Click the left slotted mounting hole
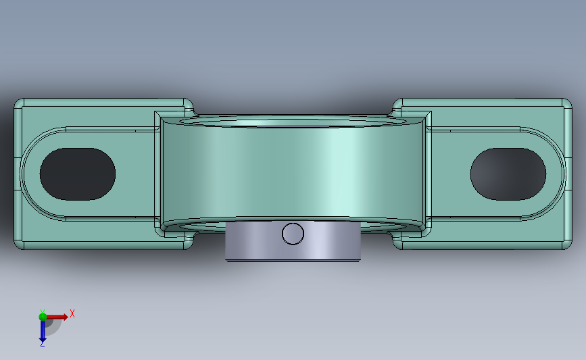coord(77,174)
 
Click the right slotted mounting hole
coord(508,174)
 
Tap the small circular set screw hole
coord(293,234)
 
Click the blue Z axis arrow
coord(43,330)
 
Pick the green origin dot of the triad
coord(43,315)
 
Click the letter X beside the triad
coord(72,313)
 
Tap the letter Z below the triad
coord(42,344)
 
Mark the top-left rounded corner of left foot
coord(19,103)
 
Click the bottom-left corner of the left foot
coord(19,245)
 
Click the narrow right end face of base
coord(567,174)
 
